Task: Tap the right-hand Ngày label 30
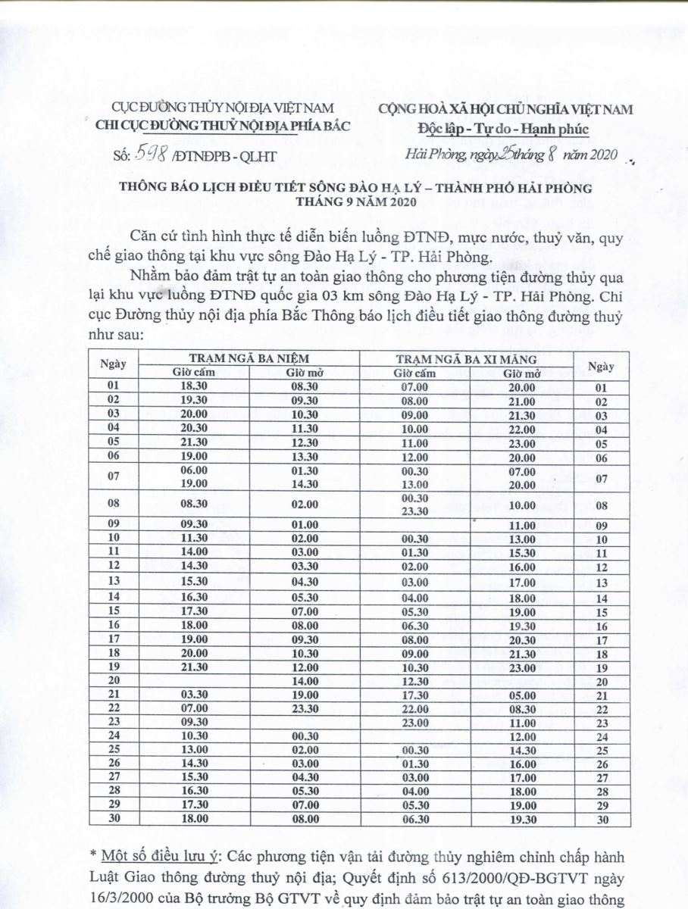602,819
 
